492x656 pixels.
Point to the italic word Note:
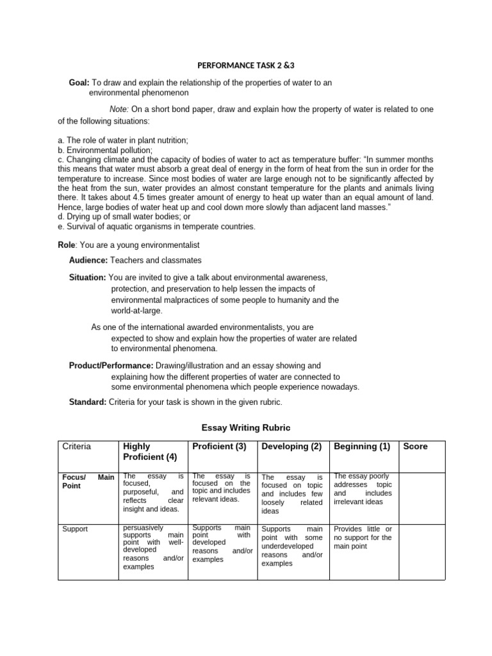(x=119, y=110)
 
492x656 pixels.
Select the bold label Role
(x=67, y=245)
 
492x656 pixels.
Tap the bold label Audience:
(x=88, y=260)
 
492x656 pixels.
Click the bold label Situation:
(x=88, y=277)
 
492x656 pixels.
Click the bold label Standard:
(x=88, y=402)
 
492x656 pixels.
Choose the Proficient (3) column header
(x=219, y=447)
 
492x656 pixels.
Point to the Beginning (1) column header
(x=362, y=447)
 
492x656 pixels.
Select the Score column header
(x=415, y=447)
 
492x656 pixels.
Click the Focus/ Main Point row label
(x=88, y=481)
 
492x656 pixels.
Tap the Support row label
(x=75, y=529)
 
